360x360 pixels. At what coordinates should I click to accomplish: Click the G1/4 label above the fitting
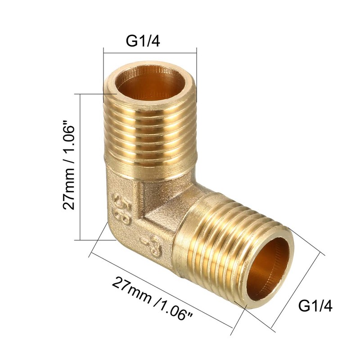coord(143,41)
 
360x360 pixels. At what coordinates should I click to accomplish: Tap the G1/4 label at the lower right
coord(315,307)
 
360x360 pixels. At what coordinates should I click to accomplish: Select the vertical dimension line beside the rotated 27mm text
coord(80,167)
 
